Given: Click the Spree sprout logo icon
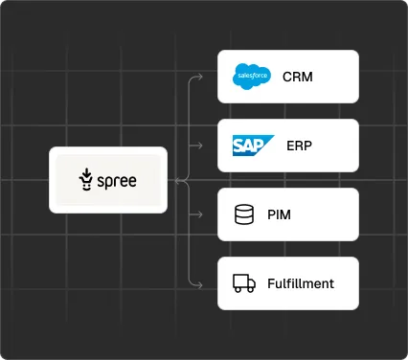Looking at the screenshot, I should (87, 179).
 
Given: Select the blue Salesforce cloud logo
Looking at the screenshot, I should (252, 76).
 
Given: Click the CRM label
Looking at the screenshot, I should (298, 77).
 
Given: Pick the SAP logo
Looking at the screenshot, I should (253, 146).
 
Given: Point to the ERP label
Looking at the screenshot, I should (299, 146).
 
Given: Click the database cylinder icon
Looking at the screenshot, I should (243, 214).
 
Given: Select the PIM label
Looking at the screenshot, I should (280, 214).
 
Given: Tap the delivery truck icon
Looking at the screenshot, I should (244, 283).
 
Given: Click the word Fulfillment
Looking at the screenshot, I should (300, 283).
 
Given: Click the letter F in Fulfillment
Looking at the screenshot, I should (269, 283).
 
